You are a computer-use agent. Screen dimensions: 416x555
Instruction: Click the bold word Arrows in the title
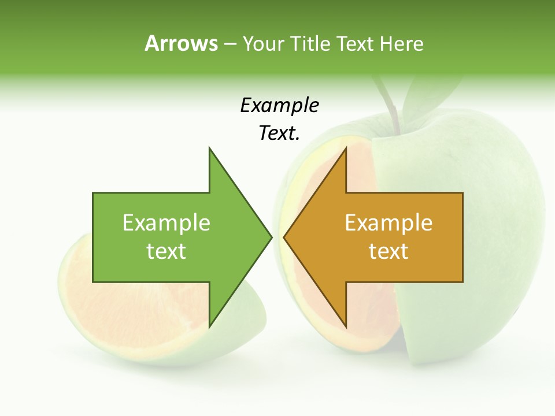coord(181,43)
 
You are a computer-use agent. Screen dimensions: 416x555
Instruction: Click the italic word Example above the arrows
coord(279,105)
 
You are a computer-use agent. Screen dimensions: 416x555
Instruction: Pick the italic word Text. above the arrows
coord(279,133)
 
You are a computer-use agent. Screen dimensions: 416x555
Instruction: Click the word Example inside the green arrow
coord(166,223)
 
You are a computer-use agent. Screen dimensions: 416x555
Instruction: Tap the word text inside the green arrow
coord(166,251)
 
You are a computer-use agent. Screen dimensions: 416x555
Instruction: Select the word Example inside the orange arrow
coord(388,223)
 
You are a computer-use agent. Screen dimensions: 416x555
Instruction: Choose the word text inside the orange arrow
coord(388,251)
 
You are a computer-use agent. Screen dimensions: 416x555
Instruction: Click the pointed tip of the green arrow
coord(271,237)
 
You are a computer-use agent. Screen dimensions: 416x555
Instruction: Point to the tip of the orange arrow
coord(284,237)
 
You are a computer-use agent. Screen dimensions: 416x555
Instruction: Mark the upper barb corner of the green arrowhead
coord(209,148)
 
